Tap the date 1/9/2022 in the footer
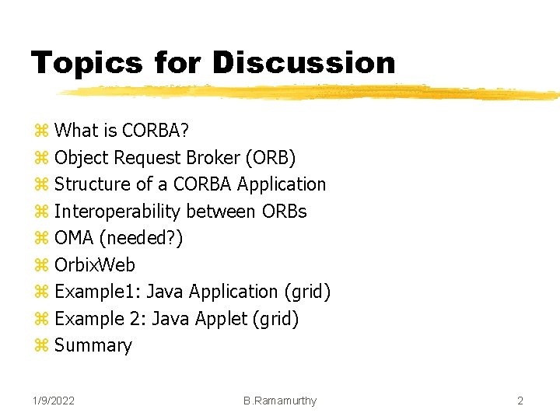54,401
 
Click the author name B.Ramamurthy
280,401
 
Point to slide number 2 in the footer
520,401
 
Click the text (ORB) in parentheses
270,158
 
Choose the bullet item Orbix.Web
94,265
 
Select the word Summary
93,345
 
